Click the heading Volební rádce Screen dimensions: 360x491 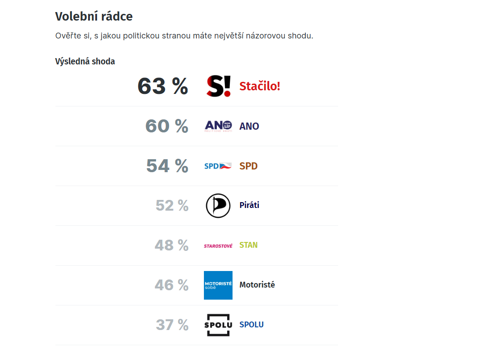(x=94, y=17)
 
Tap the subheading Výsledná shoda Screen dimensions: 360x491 (x=85, y=61)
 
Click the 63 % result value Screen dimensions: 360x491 (x=163, y=86)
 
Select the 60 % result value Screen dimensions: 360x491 (x=167, y=126)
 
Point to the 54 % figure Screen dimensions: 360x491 (x=167, y=166)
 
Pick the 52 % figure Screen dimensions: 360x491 (x=172, y=205)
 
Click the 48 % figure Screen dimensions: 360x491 (x=172, y=245)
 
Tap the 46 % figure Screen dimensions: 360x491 (x=172, y=285)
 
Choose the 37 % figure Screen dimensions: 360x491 (x=172, y=325)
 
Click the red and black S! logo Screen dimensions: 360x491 (x=218, y=86)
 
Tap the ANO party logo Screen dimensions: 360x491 (x=218, y=126)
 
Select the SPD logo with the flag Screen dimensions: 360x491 (x=218, y=166)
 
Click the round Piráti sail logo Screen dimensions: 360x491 (x=218, y=206)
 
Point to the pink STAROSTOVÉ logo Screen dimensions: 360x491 (x=218, y=246)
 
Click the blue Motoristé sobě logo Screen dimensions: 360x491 (x=218, y=285)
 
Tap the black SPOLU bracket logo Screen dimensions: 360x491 (x=218, y=325)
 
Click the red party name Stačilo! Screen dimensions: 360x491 (x=260, y=86)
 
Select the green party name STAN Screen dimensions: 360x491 (x=249, y=245)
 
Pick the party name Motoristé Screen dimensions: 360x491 (x=257, y=285)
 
